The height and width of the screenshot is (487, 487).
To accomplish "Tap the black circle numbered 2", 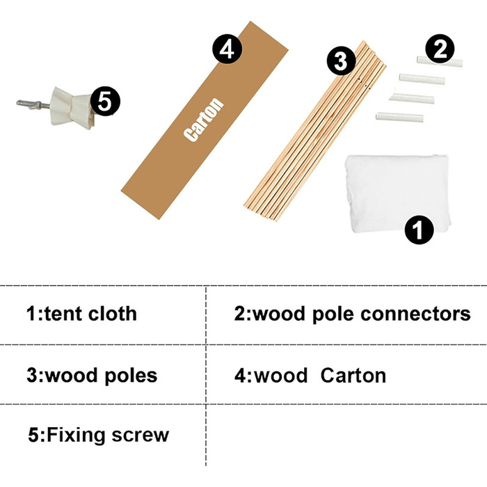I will (x=440, y=49).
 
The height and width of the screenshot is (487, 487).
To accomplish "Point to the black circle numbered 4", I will (x=227, y=49).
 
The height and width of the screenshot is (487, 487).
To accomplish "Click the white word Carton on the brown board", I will (x=205, y=120).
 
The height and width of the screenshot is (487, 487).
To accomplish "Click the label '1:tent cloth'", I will (x=81, y=314).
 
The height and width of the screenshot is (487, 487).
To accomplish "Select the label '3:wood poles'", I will (x=92, y=376).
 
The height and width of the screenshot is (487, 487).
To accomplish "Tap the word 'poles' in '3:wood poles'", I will (x=131, y=376).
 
